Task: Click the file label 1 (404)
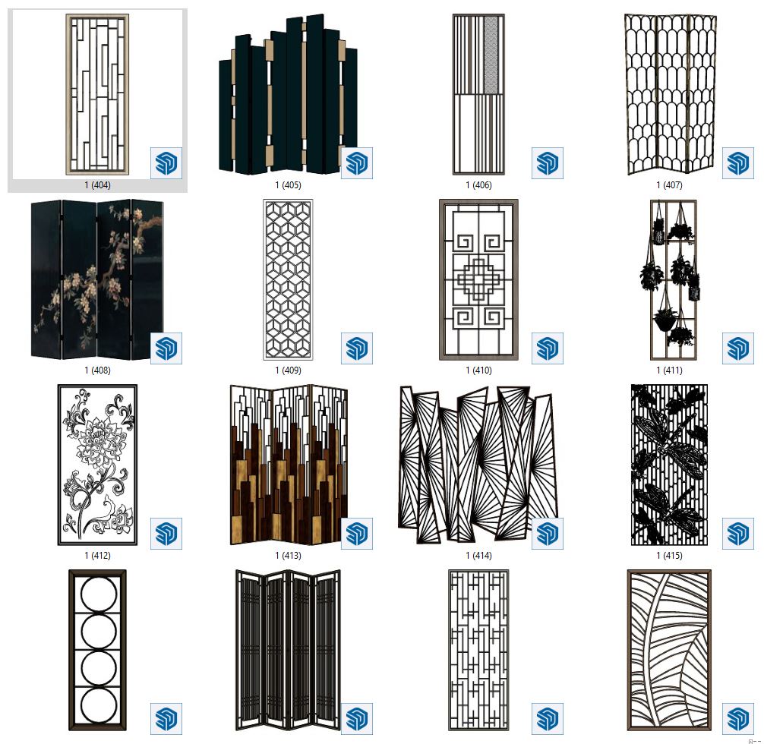pyautogui.click(x=97, y=185)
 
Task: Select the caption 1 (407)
pyautogui.click(x=669, y=185)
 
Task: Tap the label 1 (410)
pyautogui.click(x=478, y=370)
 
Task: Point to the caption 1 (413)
pyautogui.click(x=288, y=556)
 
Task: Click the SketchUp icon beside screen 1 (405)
pyautogui.click(x=357, y=163)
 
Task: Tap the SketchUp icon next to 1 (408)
pyautogui.click(x=166, y=348)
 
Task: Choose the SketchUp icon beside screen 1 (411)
pyautogui.click(x=737, y=348)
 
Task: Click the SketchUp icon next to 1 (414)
pyautogui.click(x=547, y=534)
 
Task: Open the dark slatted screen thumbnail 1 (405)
pyautogui.click(x=288, y=95)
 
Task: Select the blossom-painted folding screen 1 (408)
pyautogui.click(x=97, y=279)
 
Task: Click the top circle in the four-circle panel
pyautogui.click(x=99, y=594)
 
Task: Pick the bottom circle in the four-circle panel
pyautogui.click(x=99, y=706)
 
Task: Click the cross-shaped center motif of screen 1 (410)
pyautogui.click(x=478, y=281)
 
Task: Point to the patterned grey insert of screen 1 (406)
pyautogui.click(x=491, y=55)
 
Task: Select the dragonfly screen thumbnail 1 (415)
pyautogui.click(x=669, y=465)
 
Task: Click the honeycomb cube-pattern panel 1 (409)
pyautogui.click(x=288, y=279)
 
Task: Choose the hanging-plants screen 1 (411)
pyautogui.click(x=673, y=279)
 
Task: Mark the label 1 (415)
pyautogui.click(x=669, y=556)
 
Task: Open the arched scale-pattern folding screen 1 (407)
pyautogui.click(x=671, y=94)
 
